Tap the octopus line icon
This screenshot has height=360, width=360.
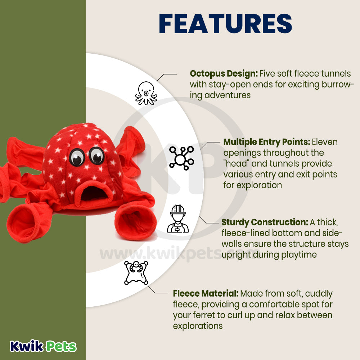point(146,93)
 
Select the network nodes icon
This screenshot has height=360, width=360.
point(181,158)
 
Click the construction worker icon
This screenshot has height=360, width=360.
point(178,219)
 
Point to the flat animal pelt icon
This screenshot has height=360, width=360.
point(136,273)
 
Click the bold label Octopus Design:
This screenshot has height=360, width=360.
point(224,74)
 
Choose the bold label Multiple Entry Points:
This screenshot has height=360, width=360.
point(267,142)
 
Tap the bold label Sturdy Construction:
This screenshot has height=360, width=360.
point(265,222)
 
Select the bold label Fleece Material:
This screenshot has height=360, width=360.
point(206,293)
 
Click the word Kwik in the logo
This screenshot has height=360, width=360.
point(26,346)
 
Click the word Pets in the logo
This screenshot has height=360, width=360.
point(60,346)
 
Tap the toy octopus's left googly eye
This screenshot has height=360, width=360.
point(77,157)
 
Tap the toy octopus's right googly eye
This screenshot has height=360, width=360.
point(96,156)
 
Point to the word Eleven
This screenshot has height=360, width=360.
point(325,142)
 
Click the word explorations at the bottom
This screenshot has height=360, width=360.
point(198,326)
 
